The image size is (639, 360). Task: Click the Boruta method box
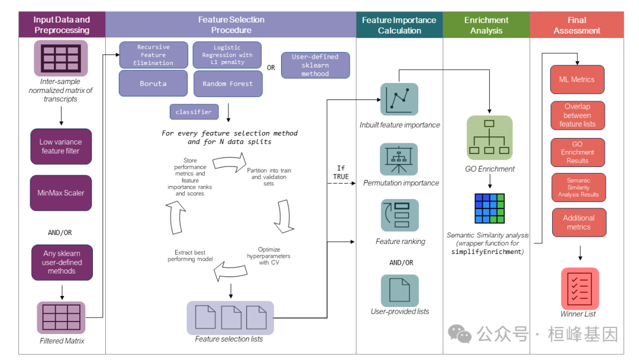(153, 83)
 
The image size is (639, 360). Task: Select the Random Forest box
(227, 83)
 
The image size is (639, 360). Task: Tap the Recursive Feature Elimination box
(153, 55)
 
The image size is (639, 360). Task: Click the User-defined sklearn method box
(315, 65)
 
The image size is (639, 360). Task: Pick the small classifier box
(193, 111)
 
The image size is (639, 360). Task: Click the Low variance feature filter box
(61, 146)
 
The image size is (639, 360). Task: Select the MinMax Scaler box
(61, 192)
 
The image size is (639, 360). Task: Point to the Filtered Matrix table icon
(61, 317)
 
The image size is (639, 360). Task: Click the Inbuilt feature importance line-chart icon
(399, 99)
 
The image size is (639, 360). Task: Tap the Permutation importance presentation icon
(399, 159)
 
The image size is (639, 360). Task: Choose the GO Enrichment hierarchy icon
(489, 138)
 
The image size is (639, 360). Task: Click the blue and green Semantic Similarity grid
(489, 207)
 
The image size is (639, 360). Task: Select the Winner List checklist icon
(579, 288)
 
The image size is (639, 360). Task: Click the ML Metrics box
(577, 79)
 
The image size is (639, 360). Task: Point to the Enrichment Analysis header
(486, 25)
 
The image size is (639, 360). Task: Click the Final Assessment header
(576, 25)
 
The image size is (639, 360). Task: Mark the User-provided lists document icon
(399, 290)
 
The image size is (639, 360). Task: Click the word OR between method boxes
(271, 67)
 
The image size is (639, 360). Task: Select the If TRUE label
(341, 172)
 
